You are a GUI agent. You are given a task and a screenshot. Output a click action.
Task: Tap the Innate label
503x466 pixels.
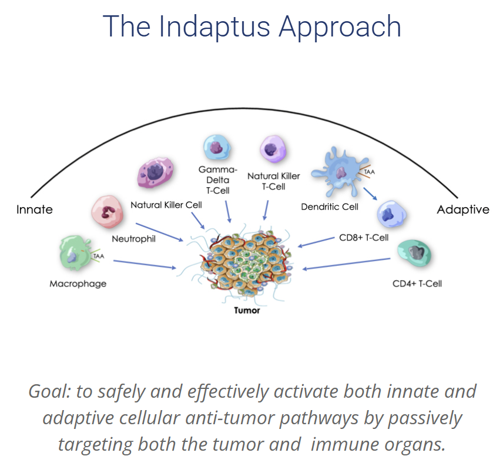(x=35, y=209)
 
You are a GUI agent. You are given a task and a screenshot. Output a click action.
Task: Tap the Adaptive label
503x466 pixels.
(x=463, y=209)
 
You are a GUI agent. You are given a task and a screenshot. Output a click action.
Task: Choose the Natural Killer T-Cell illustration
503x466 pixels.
(x=273, y=148)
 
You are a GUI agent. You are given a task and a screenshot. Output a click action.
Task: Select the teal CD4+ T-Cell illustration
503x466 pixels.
(x=414, y=254)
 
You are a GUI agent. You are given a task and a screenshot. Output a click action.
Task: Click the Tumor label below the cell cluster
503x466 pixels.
(x=247, y=311)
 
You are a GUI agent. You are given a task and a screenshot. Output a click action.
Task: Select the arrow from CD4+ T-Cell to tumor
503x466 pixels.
(x=347, y=264)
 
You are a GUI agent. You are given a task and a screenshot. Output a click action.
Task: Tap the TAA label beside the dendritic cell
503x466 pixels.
(x=369, y=172)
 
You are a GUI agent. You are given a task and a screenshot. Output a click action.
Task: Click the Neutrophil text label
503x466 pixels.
(x=134, y=239)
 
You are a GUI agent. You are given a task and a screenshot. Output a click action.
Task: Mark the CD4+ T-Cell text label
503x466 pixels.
(x=417, y=283)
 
